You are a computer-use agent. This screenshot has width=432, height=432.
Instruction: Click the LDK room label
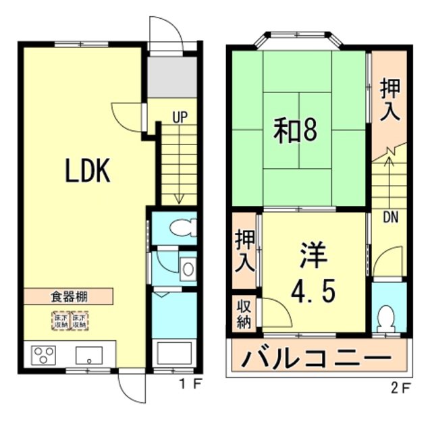pos(87,172)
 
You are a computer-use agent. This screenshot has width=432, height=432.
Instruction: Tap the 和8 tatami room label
pos(295,131)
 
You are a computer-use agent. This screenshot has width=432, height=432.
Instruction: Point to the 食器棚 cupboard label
pos(71,296)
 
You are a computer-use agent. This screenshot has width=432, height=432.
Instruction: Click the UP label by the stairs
pos(179,117)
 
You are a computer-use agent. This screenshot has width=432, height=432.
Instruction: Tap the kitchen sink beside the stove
pos(88,354)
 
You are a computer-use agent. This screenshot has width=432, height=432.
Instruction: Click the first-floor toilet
pos(182,228)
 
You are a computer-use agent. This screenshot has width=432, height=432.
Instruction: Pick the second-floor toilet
pos(387,318)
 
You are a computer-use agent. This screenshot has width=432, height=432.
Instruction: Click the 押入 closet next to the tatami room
pos(389,100)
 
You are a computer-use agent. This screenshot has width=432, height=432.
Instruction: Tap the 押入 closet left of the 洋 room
pos(244,251)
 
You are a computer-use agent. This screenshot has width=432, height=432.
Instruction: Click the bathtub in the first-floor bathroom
pos(174,352)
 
